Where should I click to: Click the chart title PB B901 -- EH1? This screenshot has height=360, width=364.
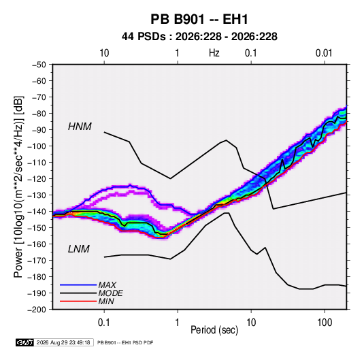(x=199, y=19)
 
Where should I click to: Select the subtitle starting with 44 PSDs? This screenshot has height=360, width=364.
(x=199, y=37)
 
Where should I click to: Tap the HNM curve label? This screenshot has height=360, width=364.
(x=80, y=127)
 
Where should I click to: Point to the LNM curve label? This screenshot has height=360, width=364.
(x=79, y=249)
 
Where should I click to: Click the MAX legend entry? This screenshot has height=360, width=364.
(x=107, y=285)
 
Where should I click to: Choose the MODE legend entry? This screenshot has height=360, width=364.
(x=110, y=293)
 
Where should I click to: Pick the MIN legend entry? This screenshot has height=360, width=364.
(x=106, y=301)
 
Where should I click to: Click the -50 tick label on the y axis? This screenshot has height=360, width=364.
(x=39, y=65)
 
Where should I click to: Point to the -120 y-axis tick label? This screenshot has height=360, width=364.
(x=37, y=179)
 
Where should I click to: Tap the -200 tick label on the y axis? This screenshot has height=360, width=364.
(x=37, y=310)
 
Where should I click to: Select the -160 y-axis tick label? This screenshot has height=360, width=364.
(x=37, y=244)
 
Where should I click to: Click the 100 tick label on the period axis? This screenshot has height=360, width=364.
(x=325, y=323)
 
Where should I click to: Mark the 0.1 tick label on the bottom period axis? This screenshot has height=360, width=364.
(x=104, y=323)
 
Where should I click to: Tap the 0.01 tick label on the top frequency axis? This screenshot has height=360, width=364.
(x=324, y=53)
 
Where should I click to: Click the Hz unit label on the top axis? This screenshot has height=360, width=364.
(x=214, y=53)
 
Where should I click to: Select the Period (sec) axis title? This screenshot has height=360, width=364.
(x=214, y=330)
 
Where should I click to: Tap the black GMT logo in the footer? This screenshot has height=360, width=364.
(x=24, y=342)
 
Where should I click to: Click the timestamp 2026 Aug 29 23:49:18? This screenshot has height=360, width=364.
(x=63, y=342)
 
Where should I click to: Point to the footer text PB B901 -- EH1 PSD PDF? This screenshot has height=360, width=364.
(x=125, y=342)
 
